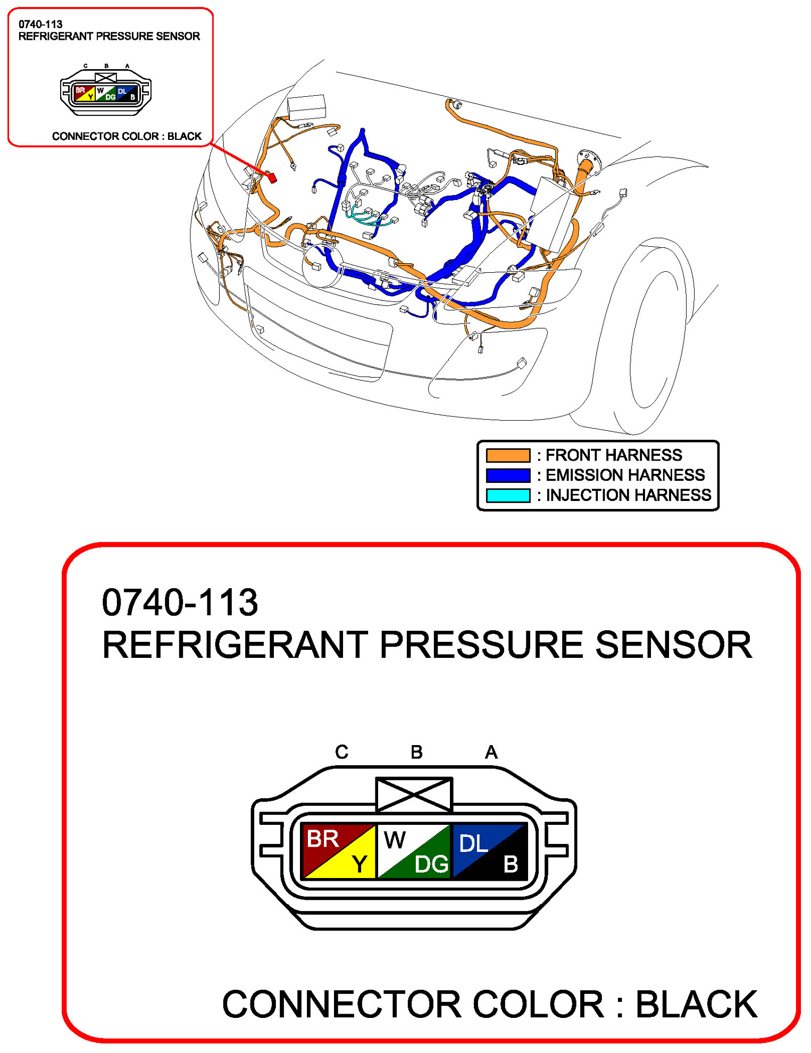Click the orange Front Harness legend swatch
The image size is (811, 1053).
[508, 455]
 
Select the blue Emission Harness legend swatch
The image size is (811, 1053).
[508, 475]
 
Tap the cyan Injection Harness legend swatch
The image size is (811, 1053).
[508, 495]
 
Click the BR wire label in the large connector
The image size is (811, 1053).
[322, 839]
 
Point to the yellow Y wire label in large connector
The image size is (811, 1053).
[360, 864]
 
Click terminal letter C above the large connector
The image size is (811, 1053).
[341, 752]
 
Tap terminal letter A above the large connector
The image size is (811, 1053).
[491, 752]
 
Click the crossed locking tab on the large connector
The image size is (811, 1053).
[414, 795]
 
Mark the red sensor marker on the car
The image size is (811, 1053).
[272, 177]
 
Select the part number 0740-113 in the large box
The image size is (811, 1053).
[180, 603]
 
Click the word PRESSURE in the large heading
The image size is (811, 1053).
[482, 645]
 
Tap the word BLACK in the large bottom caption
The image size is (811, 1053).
[696, 1004]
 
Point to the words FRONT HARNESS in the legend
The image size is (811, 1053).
[614, 455]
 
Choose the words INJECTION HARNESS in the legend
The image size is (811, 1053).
[628, 495]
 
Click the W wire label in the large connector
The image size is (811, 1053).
[394, 840]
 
